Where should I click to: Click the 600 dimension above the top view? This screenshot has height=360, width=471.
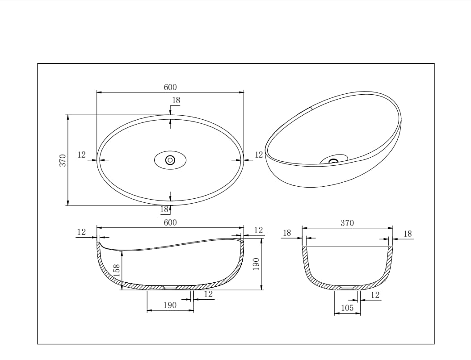(170, 88)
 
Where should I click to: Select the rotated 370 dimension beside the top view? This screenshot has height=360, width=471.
(63, 160)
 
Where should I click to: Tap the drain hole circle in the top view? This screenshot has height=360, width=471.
(170, 160)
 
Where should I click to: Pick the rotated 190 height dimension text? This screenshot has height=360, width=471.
(256, 264)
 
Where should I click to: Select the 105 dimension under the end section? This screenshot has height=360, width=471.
(347, 308)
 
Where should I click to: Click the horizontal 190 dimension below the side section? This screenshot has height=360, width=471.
(170, 305)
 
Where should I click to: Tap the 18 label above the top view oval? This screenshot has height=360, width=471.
(176, 100)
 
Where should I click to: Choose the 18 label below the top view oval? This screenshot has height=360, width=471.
(164, 209)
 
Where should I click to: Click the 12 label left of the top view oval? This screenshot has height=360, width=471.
(81, 155)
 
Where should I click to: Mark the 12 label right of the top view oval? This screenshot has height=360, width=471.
(259, 155)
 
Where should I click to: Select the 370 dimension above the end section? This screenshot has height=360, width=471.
(347, 223)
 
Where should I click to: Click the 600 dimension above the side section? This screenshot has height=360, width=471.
(170, 222)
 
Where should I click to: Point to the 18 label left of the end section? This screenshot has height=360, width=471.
(287, 233)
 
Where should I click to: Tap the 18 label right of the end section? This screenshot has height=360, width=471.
(408, 234)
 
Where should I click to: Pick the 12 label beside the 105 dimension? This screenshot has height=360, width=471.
(375, 295)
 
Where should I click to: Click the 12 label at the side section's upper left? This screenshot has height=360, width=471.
(81, 232)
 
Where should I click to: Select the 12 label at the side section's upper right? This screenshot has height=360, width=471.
(259, 230)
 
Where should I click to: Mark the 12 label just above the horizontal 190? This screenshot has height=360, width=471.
(208, 294)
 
